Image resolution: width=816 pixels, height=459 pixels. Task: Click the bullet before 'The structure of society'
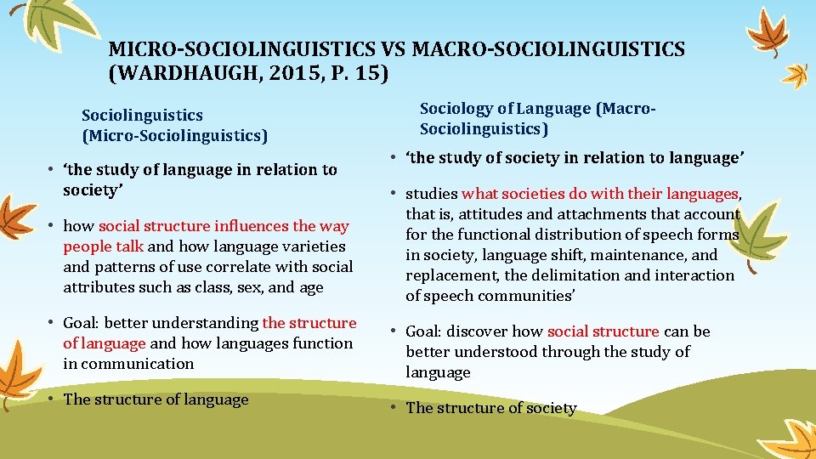click(394, 408)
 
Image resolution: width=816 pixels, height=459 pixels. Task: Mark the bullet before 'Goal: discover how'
click(394, 331)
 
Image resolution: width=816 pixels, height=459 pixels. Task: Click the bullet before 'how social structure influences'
click(52, 226)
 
